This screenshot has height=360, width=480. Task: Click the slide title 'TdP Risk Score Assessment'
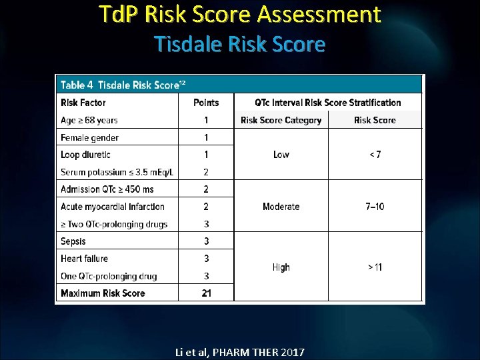(x=239, y=14)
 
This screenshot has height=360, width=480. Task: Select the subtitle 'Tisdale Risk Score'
(x=239, y=45)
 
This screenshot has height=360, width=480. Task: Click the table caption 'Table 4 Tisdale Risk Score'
(x=123, y=85)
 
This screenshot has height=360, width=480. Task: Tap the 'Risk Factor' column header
(x=83, y=103)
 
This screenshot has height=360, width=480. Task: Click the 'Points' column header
(x=206, y=103)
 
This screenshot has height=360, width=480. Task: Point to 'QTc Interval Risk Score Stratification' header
(x=328, y=103)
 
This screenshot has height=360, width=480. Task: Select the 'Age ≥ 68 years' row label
(x=89, y=121)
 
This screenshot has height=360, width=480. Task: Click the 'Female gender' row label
(x=90, y=138)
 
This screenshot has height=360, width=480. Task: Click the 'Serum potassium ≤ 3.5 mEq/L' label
(x=117, y=172)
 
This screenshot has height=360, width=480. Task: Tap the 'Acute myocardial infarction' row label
(x=112, y=207)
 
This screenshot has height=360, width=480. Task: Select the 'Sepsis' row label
(x=73, y=241)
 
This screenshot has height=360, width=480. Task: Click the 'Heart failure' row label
(x=84, y=259)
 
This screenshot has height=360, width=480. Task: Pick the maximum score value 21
(x=206, y=293)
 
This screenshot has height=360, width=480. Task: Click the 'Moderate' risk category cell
(x=281, y=207)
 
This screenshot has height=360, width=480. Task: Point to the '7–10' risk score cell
(x=375, y=207)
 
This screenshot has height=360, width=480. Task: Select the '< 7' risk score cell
(x=375, y=155)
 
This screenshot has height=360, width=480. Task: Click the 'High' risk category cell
(x=281, y=267)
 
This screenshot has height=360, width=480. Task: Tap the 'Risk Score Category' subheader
(x=281, y=121)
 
